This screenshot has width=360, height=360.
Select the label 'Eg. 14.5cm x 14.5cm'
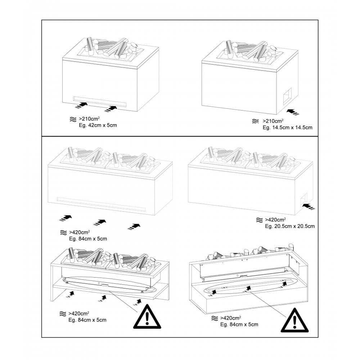[288, 127]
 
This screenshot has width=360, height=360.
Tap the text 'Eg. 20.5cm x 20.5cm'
[290, 226]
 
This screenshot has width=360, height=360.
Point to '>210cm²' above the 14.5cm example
[273, 121]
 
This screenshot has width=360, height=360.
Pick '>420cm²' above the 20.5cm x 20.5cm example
[275, 220]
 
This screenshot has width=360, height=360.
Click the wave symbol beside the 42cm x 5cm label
[72, 119]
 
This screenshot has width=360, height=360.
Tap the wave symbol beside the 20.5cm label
[258, 220]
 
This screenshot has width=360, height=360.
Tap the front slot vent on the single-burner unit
[100, 101]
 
